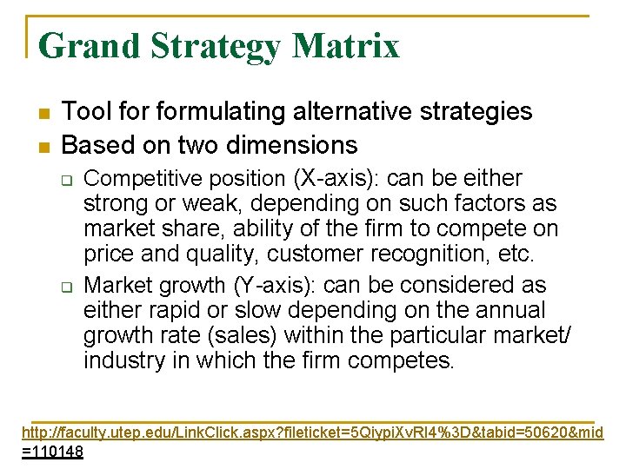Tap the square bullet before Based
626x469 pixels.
[x=43, y=146]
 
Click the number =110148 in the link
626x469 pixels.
[x=52, y=452]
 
